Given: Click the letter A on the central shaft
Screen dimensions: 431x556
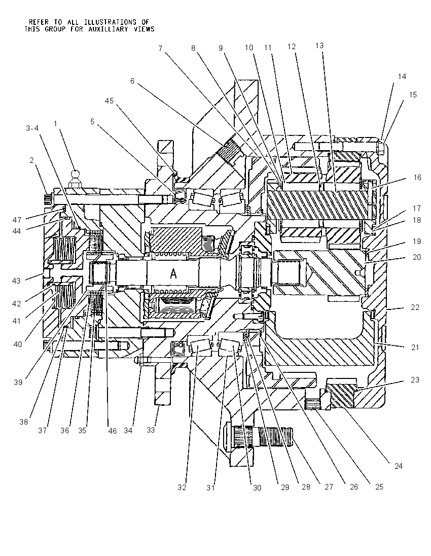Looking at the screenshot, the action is [173, 273].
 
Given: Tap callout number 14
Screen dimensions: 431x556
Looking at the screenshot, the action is [402, 76].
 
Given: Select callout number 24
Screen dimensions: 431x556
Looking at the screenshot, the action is [399, 466].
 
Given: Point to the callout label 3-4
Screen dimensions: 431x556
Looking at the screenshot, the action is [32, 128].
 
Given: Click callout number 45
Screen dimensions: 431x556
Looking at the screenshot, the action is [109, 101].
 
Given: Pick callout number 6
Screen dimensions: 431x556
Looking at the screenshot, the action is [132, 81].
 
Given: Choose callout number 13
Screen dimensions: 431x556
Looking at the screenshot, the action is [319, 45].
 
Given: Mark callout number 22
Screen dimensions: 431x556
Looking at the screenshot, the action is [415, 307].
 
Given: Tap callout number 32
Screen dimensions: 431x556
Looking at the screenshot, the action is [182, 488].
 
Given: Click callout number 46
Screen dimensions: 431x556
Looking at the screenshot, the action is [113, 431].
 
